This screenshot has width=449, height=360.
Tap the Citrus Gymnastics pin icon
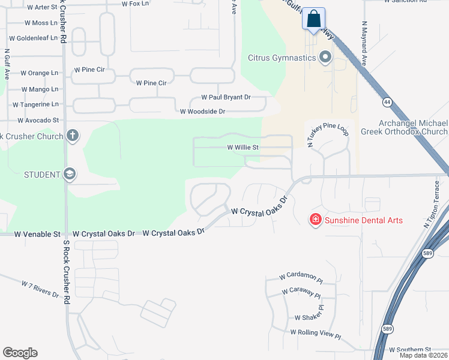326,58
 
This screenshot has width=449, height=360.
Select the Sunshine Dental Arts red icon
315,220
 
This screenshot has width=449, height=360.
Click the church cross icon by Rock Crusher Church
73,136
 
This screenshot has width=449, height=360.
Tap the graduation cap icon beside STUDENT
70,175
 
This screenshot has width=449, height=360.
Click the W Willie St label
243,147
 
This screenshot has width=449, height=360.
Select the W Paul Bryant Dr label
226,97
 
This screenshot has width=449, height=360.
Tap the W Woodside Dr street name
202,112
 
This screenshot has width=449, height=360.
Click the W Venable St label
37,233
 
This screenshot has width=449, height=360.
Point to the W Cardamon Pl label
301,278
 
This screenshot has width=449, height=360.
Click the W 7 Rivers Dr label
40,289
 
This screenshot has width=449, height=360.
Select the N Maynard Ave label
364,44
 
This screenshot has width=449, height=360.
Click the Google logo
20,353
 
